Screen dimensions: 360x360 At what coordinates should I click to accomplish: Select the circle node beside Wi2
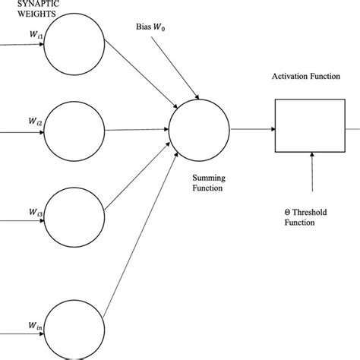point(74,130)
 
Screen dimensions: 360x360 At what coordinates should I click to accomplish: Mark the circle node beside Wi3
point(74,221)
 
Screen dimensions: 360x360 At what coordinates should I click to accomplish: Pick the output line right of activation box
point(351,128)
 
